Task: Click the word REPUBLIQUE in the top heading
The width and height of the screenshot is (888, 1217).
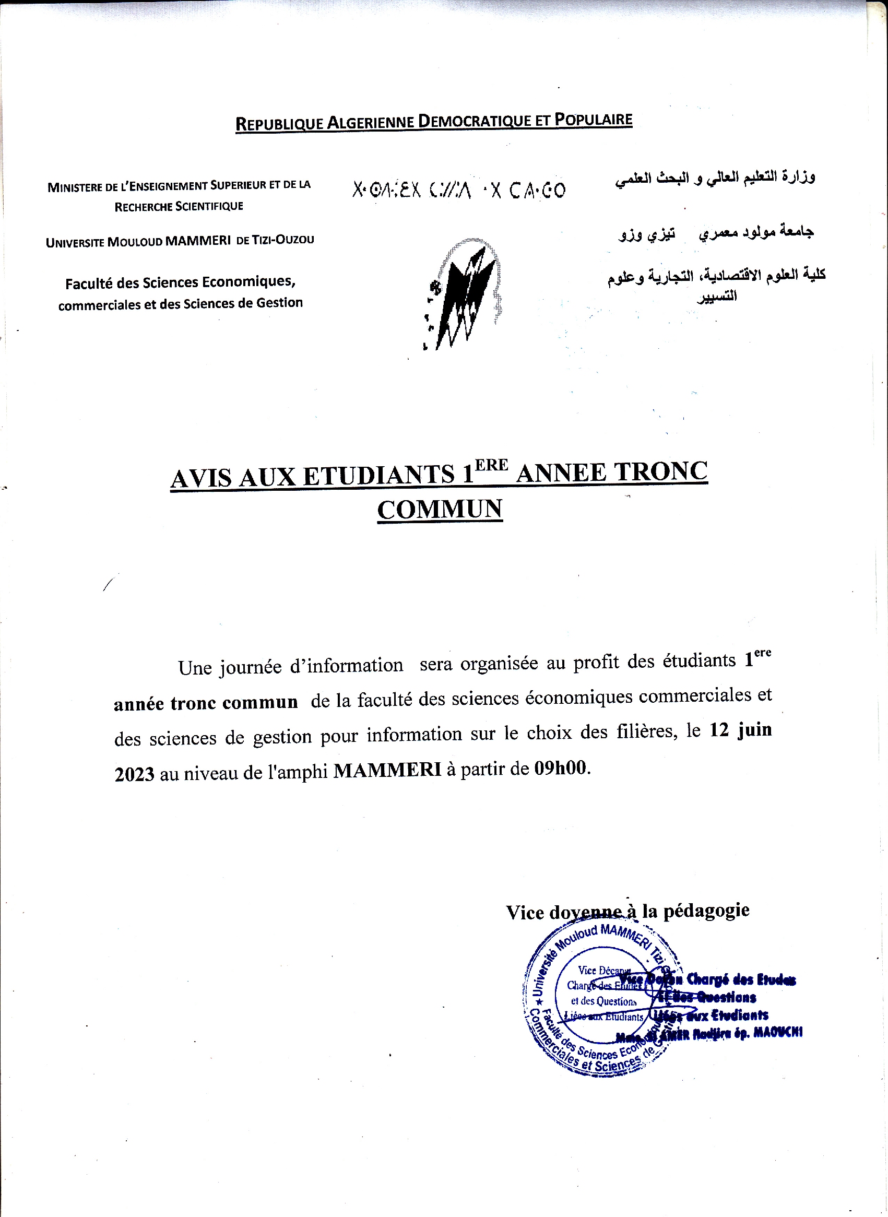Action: click(279, 124)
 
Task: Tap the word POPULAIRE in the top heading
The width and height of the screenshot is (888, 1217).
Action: click(593, 120)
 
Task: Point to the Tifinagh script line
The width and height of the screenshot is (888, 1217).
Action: click(458, 190)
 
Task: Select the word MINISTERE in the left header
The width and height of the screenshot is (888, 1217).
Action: click(74, 187)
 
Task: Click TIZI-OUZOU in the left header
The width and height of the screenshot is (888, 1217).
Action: click(283, 239)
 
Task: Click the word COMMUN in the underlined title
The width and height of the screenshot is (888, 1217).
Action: click(440, 509)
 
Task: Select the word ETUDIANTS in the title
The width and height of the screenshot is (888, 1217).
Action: click(378, 476)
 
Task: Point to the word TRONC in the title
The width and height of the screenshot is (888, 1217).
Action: click(660, 471)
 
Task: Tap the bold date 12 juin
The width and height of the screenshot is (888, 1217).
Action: click(740, 730)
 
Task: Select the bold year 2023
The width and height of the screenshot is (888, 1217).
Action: click(134, 774)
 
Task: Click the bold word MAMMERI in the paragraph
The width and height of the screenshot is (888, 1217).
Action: click(387, 770)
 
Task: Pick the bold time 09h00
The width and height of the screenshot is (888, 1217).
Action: click(561, 768)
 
